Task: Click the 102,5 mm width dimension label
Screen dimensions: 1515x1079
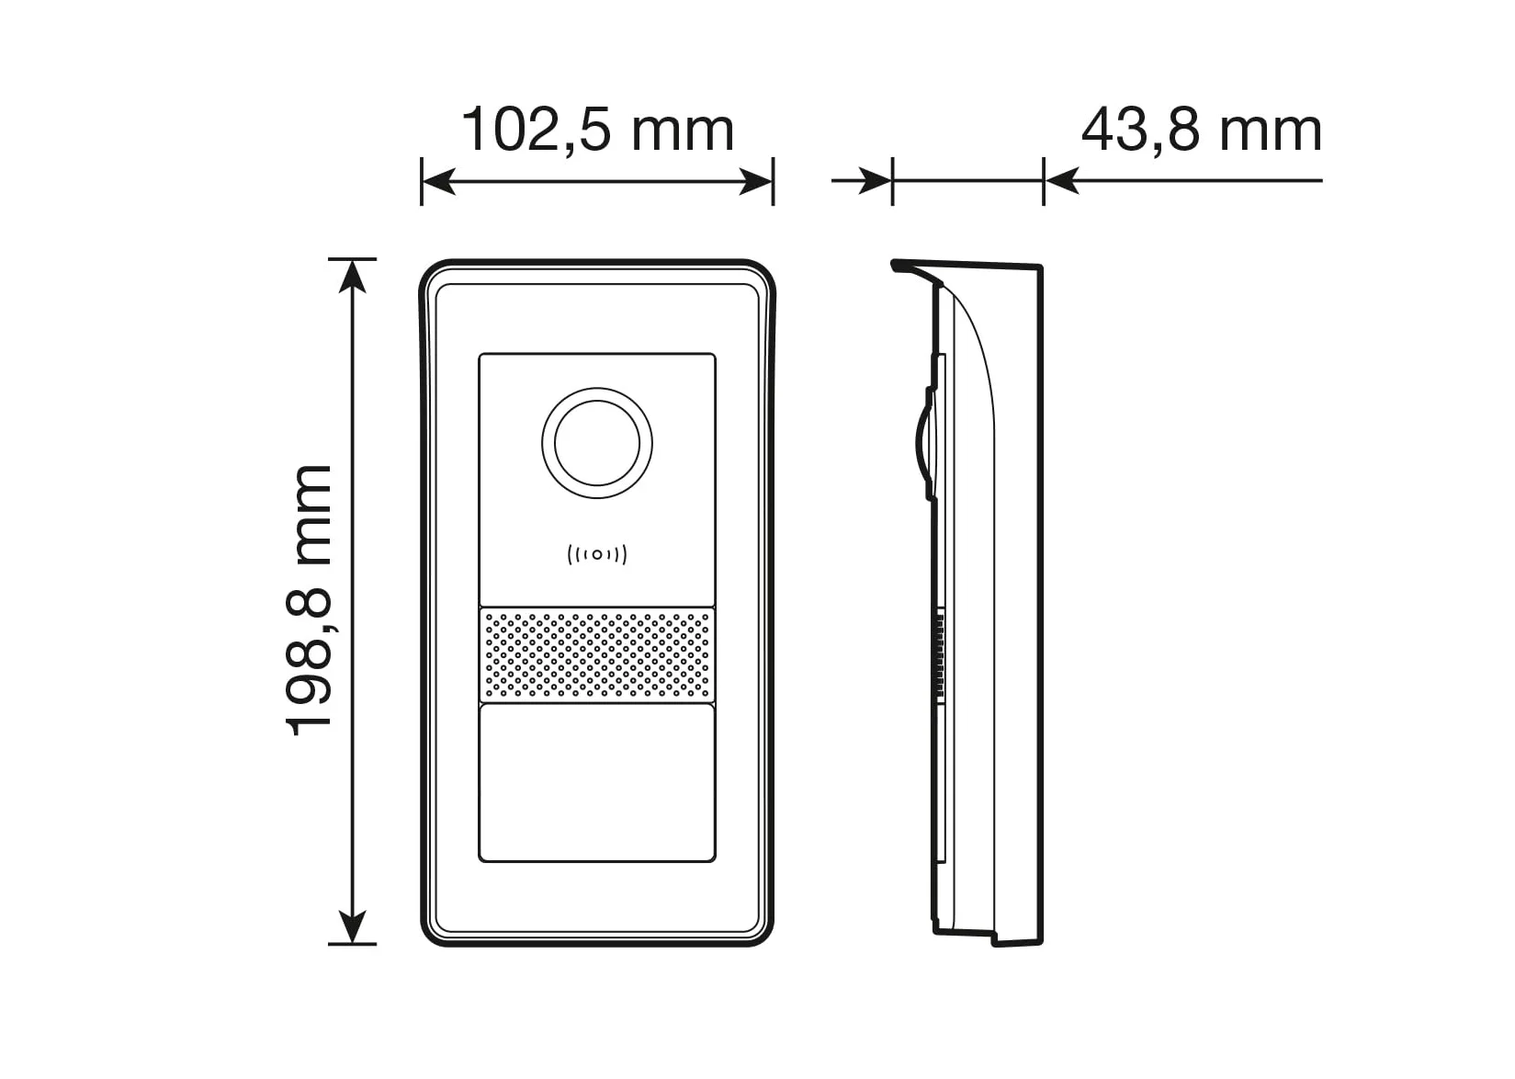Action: coord(597,130)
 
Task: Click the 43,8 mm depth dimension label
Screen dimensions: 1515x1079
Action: coord(1201,130)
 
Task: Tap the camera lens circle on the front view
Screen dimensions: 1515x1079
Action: coord(597,443)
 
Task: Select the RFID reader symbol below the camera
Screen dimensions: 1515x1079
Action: coord(597,555)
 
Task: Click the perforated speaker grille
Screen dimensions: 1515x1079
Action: coord(597,654)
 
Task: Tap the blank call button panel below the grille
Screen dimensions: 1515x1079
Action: coord(597,783)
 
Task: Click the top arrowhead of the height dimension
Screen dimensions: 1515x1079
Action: coord(353,276)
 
